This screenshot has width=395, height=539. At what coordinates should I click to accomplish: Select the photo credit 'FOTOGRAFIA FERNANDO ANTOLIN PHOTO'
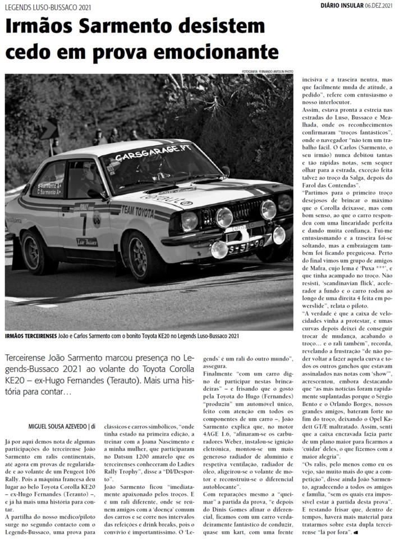[267, 71]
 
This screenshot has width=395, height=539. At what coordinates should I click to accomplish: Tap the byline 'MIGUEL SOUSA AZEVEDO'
[58, 425]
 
